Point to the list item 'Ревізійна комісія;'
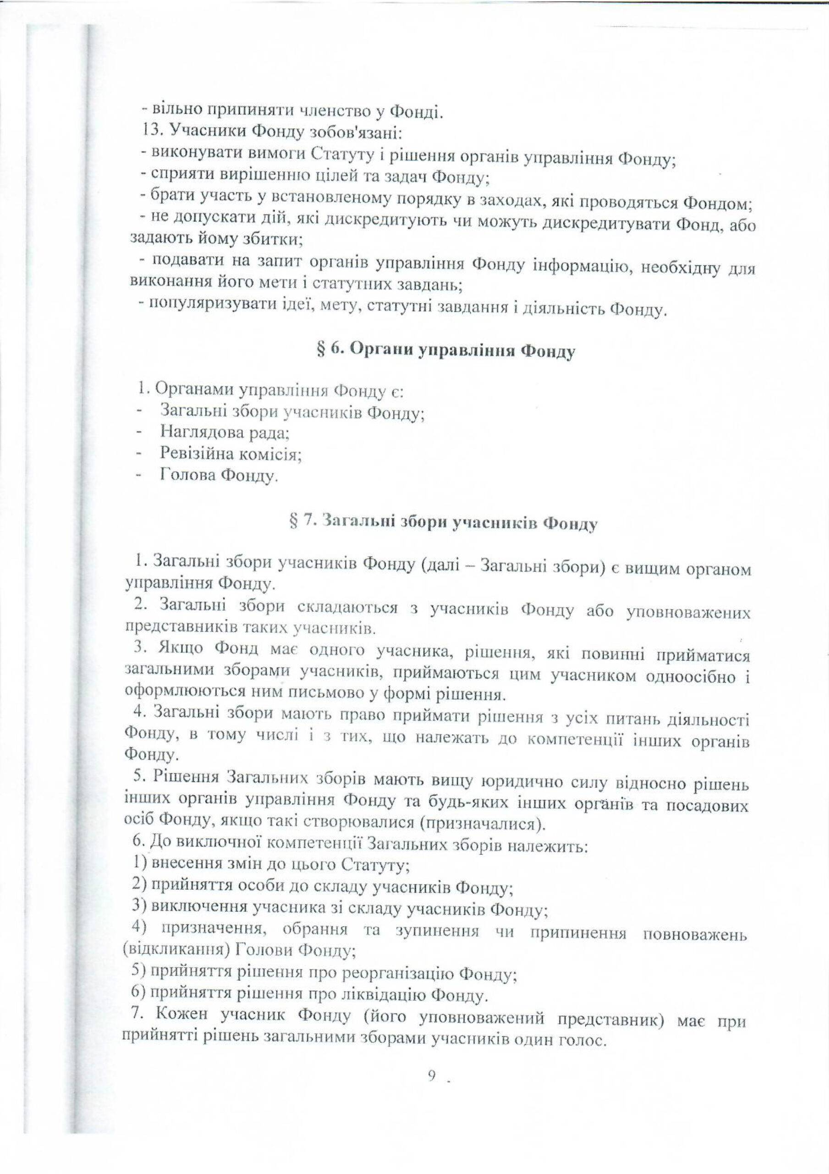[231, 454]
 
